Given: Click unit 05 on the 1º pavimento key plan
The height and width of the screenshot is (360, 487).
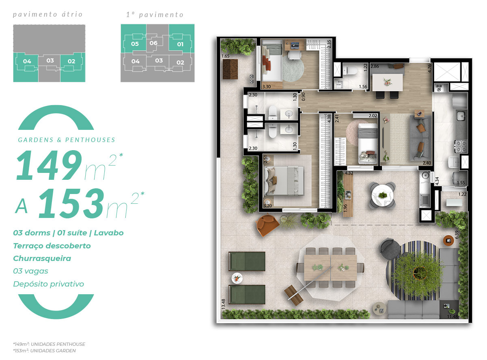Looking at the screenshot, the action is [135, 44].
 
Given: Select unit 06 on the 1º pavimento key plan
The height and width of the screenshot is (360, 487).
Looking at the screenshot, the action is [153, 43].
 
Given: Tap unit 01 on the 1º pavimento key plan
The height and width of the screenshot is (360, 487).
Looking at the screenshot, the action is [180, 44].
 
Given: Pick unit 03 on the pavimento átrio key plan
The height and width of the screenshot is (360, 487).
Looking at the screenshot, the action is [50, 60].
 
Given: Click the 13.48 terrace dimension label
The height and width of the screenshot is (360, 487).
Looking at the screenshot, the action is [224, 304].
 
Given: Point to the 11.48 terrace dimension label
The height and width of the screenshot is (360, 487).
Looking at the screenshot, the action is [453, 317].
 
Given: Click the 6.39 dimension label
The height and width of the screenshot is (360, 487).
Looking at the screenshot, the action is [457, 235].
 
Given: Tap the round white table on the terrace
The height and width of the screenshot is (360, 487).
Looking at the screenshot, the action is [382, 195].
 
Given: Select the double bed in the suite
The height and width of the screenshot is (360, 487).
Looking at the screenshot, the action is [284, 181].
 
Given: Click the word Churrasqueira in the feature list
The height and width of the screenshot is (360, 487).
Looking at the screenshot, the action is [42, 258].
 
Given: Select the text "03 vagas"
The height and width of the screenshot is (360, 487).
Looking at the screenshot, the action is [30, 271].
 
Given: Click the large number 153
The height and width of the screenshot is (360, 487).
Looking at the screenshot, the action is [71, 203].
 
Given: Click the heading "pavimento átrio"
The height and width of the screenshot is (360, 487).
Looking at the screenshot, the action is [47, 15].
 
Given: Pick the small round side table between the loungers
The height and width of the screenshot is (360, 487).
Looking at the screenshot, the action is [237, 278].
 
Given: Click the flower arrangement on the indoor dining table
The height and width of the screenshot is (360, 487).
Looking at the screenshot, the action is [387, 82].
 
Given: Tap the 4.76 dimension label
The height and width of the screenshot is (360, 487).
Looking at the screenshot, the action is [430, 68].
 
